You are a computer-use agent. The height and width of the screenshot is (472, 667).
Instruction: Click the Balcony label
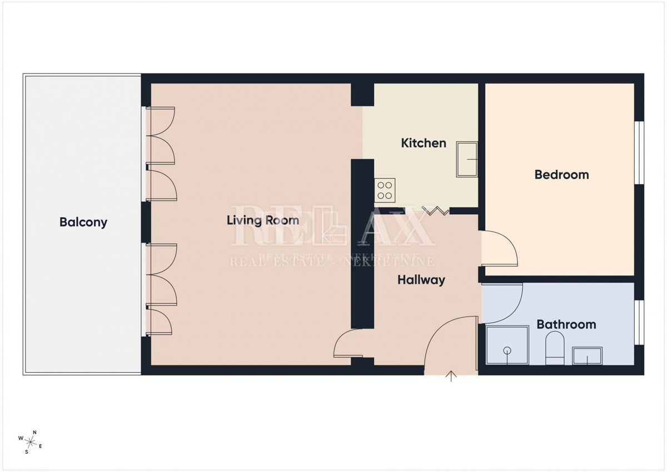click(83, 222)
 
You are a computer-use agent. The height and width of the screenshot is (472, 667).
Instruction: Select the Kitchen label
click(424, 143)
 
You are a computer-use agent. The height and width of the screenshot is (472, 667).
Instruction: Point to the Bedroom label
click(561, 175)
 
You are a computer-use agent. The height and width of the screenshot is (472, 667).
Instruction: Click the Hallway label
click(421, 280)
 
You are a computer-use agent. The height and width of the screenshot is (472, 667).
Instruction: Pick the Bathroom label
click(566, 324)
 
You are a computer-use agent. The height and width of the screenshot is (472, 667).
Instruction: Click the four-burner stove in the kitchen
click(385, 190)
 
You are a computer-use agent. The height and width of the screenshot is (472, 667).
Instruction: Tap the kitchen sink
click(467, 159)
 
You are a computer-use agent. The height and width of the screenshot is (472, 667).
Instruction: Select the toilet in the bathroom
click(555, 348)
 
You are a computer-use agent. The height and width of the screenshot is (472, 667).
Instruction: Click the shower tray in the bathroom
click(507, 345)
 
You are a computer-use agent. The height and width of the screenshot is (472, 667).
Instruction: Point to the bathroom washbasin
click(587, 356)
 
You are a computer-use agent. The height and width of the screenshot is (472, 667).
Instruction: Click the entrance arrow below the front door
click(451, 377)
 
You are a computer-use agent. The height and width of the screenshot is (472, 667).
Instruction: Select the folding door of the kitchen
click(436, 210)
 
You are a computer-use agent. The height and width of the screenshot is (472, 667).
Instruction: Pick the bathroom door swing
click(503, 303)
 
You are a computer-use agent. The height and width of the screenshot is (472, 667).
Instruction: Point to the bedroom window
click(639, 152)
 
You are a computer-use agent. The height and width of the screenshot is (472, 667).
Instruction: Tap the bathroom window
click(639, 322)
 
